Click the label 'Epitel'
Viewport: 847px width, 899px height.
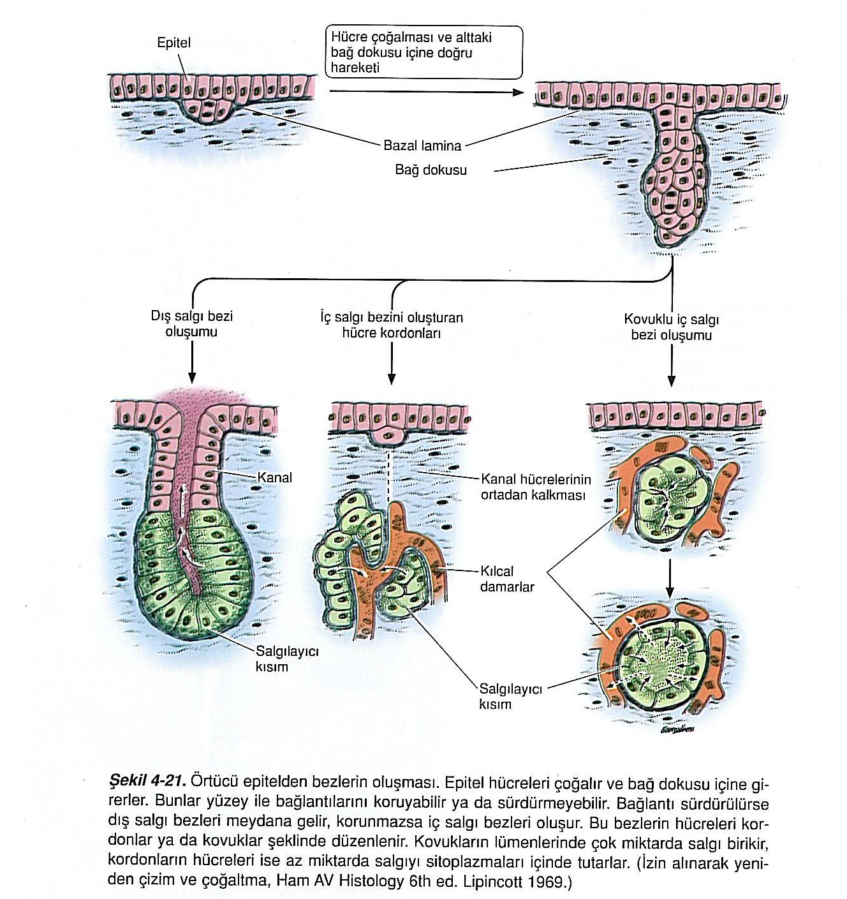[x=173, y=43]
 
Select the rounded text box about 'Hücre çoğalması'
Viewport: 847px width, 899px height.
[x=424, y=52]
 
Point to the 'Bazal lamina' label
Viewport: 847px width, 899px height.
[x=422, y=145]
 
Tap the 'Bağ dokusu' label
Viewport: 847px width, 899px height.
[x=431, y=170]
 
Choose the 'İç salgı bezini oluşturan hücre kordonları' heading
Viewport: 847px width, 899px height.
[x=392, y=325]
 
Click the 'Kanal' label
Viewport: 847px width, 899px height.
[x=274, y=477]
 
